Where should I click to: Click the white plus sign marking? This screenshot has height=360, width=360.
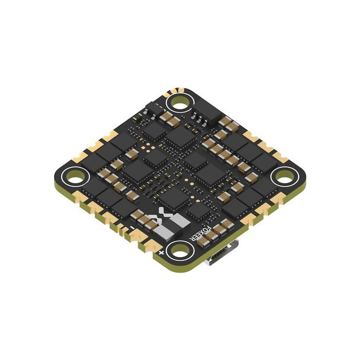pos(161,253)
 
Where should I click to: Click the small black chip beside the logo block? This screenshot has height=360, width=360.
pos(198,210)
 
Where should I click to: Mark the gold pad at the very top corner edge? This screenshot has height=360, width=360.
pos(176,90)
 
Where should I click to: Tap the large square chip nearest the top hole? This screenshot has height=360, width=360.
pos(179,136)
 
